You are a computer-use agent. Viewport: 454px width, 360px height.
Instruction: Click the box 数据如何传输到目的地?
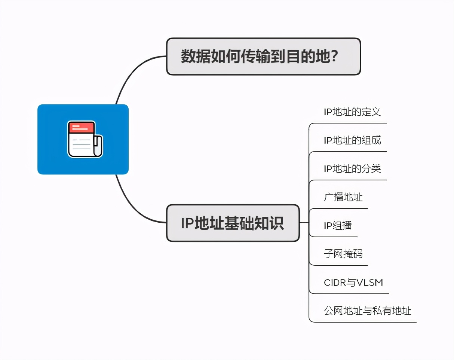(x=263, y=57)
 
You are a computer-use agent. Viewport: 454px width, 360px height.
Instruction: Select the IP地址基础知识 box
(x=233, y=223)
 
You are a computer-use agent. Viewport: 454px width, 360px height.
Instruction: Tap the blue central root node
(x=83, y=139)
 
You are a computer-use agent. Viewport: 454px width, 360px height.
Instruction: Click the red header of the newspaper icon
(x=81, y=127)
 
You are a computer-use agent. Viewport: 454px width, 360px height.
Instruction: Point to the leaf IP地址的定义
(x=352, y=112)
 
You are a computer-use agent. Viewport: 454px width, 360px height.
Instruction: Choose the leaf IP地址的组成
(x=352, y=140)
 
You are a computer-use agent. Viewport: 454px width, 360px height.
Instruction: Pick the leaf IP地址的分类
(x=352, y=169)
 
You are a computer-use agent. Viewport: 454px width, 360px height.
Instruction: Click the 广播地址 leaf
(x=343, y=197)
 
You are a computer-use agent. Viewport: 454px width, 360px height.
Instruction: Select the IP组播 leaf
(x=338, y=226)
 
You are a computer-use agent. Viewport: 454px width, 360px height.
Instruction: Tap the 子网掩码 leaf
(x=343, y=254)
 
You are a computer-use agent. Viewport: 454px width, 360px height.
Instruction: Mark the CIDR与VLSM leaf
(x=353, y=283)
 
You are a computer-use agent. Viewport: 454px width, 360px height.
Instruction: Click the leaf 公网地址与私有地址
(x=368, y=311)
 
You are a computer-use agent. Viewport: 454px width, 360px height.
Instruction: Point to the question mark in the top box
(x=334, y=56)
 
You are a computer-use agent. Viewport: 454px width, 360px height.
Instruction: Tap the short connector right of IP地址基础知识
(x=304, y=223)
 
